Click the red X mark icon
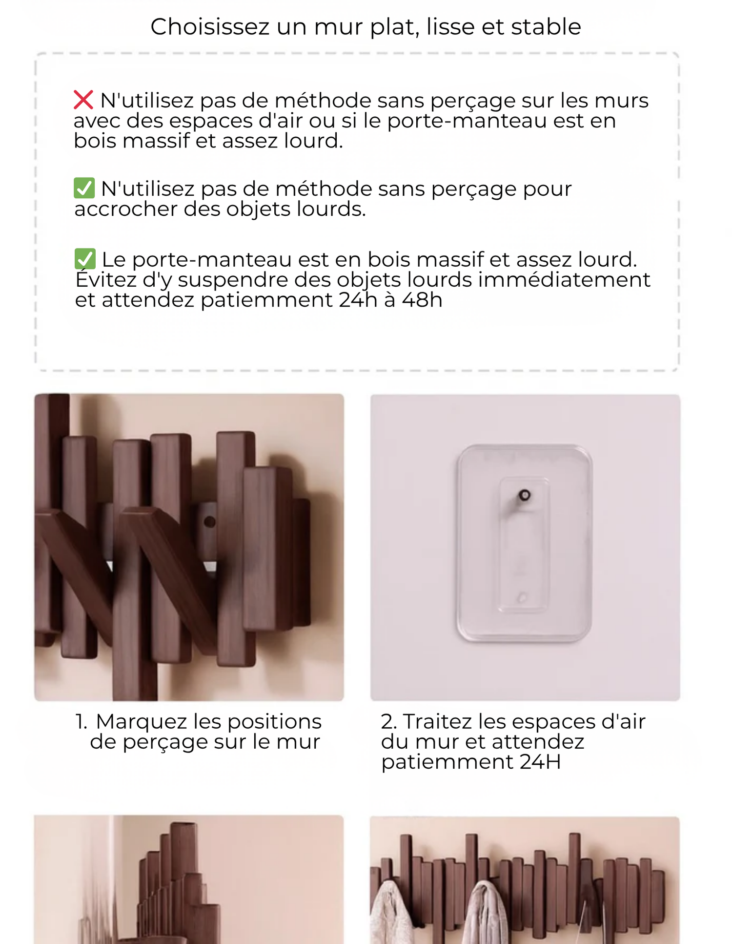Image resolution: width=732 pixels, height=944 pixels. click(83, 100)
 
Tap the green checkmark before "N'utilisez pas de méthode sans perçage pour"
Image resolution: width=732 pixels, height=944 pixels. click(84, 188)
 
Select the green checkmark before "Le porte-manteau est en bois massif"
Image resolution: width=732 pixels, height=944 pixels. click(85, 259)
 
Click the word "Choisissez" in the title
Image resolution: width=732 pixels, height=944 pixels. click(210, 26)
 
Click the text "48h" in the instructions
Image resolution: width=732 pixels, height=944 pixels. click(422, 300)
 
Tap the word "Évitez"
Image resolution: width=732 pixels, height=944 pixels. click(106, 279)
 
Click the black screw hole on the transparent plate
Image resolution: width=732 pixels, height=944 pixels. click(525, 495)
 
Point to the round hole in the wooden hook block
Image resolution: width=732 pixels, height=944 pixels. click(210, 522)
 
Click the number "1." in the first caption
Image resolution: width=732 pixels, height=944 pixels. click(81, 722)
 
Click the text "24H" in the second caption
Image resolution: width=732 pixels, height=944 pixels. click(540, 762)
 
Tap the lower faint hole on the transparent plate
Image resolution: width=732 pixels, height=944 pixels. click(522, 597)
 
